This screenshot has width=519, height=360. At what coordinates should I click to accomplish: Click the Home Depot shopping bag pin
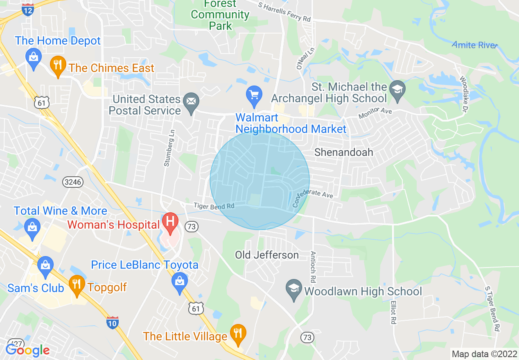(x=33, y=57)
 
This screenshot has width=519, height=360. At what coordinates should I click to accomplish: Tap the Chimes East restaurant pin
(x=58, y=65)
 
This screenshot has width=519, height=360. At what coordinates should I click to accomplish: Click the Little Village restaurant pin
(x=237, y=333)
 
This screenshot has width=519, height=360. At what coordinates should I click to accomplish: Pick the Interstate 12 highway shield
(x=28, y=10)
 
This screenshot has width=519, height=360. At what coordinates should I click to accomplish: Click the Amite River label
(x=475, y=45)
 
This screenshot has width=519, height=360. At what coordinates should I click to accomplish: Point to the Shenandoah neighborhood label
(x=344, y=152)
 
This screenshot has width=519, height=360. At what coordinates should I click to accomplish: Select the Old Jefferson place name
(x=267, y=255)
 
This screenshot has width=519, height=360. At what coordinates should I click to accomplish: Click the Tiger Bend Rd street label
(x=214, y=206)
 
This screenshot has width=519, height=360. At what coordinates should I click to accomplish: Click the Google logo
(x=27, y=350)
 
